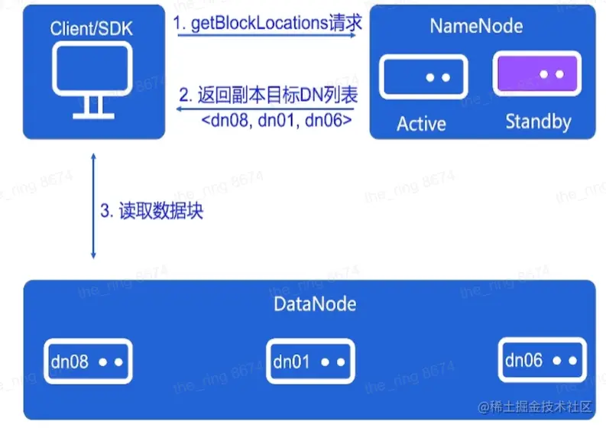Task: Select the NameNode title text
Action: (476, 26)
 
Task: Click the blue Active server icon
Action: (424, 77)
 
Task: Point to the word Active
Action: (421, 123)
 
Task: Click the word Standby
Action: (537, 122)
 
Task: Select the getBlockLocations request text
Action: (267, 24)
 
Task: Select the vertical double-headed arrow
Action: (93, 206)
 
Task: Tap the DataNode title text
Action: (314, 303)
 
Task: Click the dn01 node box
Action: (310, 361)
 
